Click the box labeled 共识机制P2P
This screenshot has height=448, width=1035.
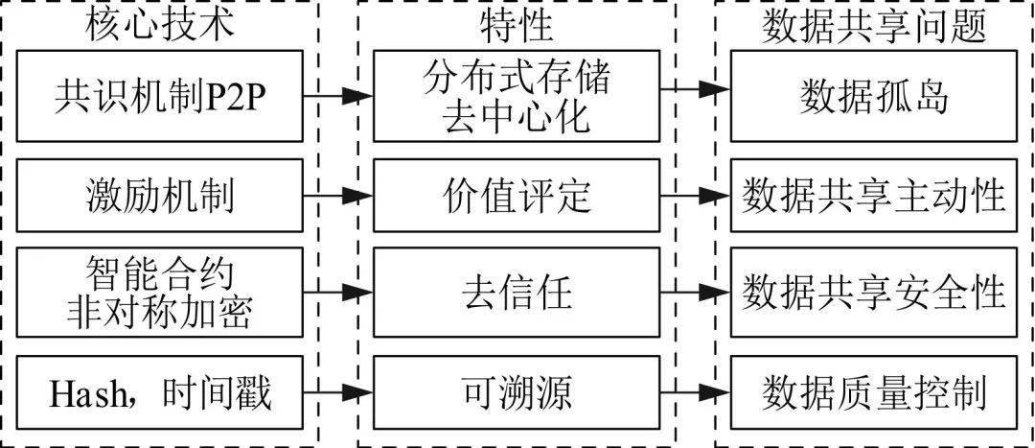click(x=160, y=97)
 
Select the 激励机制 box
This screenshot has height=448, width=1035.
click(x=160, y=197)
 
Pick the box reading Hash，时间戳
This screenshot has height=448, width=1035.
click(x=160, y=392)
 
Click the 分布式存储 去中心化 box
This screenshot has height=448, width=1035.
click(x=517, y=97)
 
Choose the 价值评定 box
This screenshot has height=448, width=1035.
click(x=517, y=197)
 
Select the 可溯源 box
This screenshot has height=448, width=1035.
click(x=517, y=392)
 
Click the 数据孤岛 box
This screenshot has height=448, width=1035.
click(x=872, y=97)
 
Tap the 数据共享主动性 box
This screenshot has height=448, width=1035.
click(x=872, y=197)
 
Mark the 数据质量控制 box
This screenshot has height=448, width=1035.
click(x=872, y=392)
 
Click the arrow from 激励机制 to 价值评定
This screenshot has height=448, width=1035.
click(x=337, y=197)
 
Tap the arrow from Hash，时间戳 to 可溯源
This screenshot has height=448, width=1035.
click(x=337, y=392)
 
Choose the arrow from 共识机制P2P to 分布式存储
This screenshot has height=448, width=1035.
click(x=337, y=96)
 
